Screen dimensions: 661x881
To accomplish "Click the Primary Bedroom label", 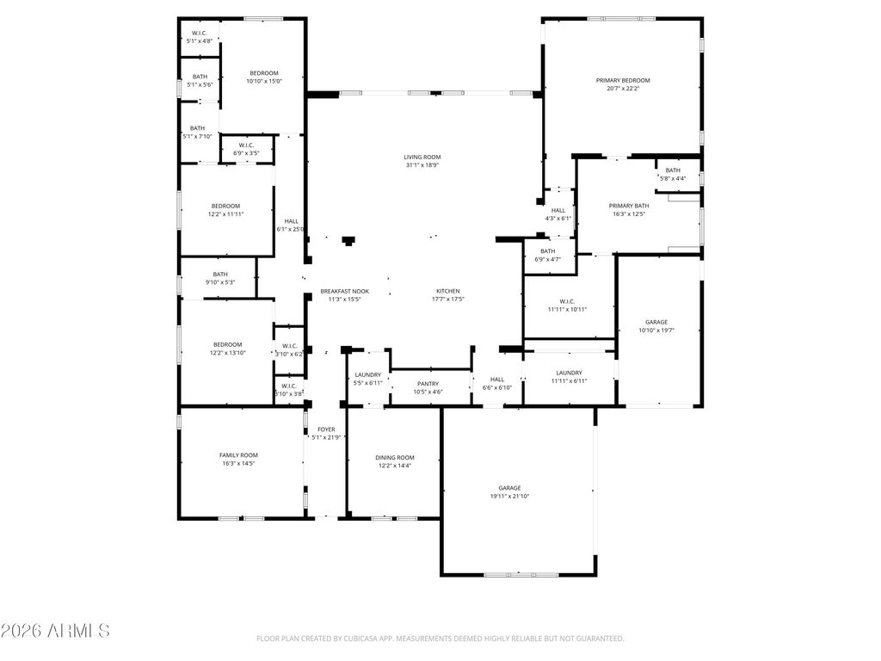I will [x=623, y=80].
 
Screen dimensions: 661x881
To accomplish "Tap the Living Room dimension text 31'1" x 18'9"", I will [x=422, y=165].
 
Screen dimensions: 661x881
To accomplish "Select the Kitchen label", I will [x=447, y=291].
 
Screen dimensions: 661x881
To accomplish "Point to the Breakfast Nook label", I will [x=344, y=291].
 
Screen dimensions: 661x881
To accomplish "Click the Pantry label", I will [x=428, y=384].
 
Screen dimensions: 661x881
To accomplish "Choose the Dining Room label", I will [x=395, y=457].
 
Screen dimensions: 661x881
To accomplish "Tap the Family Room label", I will [x=238, y=454].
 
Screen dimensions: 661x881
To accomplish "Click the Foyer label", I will [x=326, y=429].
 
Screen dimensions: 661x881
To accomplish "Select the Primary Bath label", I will [x=629, y=206].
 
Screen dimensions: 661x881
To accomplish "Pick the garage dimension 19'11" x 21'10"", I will [x=509, y=496].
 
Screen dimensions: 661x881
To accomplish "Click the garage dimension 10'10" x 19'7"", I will [x=657, y=330].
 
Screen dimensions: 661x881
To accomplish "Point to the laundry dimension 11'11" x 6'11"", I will [x=569, y=380].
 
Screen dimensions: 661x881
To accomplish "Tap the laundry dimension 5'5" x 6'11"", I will [x=368, y=383].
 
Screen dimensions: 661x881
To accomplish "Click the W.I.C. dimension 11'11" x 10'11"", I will [x=567, y=310].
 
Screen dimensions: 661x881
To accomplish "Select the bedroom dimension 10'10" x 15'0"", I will [x=264, y=81].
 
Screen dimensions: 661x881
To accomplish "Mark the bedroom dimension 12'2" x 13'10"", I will [x=227, y=353].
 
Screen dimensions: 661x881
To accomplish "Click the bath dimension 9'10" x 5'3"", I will [x=220, y=282].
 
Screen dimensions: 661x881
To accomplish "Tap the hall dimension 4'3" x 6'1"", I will [x=558, y=219].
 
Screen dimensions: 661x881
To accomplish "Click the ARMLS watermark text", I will [x=56, y=631].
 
